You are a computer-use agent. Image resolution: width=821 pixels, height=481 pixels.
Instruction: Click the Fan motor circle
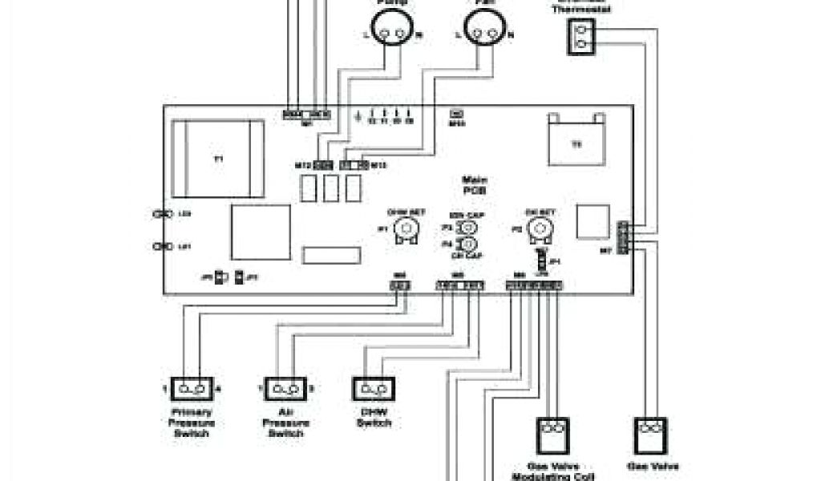[x=483, y=33]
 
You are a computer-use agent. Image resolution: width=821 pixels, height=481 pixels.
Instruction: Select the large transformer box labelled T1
[x=218, y=159]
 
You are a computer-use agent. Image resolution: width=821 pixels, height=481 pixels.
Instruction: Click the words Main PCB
[x=475, y=185]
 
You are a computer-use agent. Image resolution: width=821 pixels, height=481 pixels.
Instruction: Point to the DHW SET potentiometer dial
[x=409, y=230]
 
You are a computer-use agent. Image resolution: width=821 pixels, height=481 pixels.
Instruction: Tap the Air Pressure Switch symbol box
[x=285, y=390]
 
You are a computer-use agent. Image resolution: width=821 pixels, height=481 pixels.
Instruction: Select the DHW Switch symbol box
[x=373, y=390]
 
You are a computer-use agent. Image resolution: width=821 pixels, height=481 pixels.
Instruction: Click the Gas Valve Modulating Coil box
[x=552, y=436]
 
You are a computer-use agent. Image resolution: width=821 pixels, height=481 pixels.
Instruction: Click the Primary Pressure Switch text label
[x=191, y=422]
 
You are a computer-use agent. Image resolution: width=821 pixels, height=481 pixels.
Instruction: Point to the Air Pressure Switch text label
[x=285, y=422]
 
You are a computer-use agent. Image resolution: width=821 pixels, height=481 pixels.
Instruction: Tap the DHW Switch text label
[x=373, y=418]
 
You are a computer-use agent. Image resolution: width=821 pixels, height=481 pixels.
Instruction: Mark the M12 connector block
[x=322, y=165]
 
